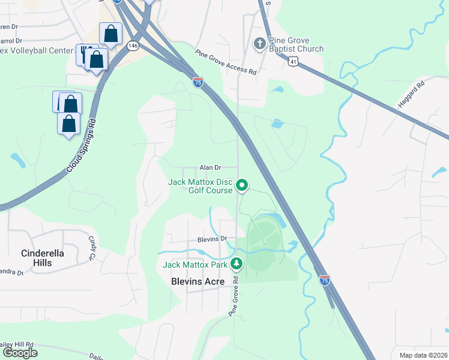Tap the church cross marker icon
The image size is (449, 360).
(259, 43)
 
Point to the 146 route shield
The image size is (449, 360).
(133, 45)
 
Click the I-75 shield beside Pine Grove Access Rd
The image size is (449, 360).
(197, 82)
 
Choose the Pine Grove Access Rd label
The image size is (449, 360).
(226, 62)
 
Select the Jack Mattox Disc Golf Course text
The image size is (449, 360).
(200, 186)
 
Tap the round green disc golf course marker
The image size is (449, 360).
(242, 185)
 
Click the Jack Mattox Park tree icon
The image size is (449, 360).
(237, 263)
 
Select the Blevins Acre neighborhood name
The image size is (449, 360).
(197, 281)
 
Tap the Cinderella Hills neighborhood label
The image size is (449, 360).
(42, 258)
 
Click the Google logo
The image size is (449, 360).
(20, 352)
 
